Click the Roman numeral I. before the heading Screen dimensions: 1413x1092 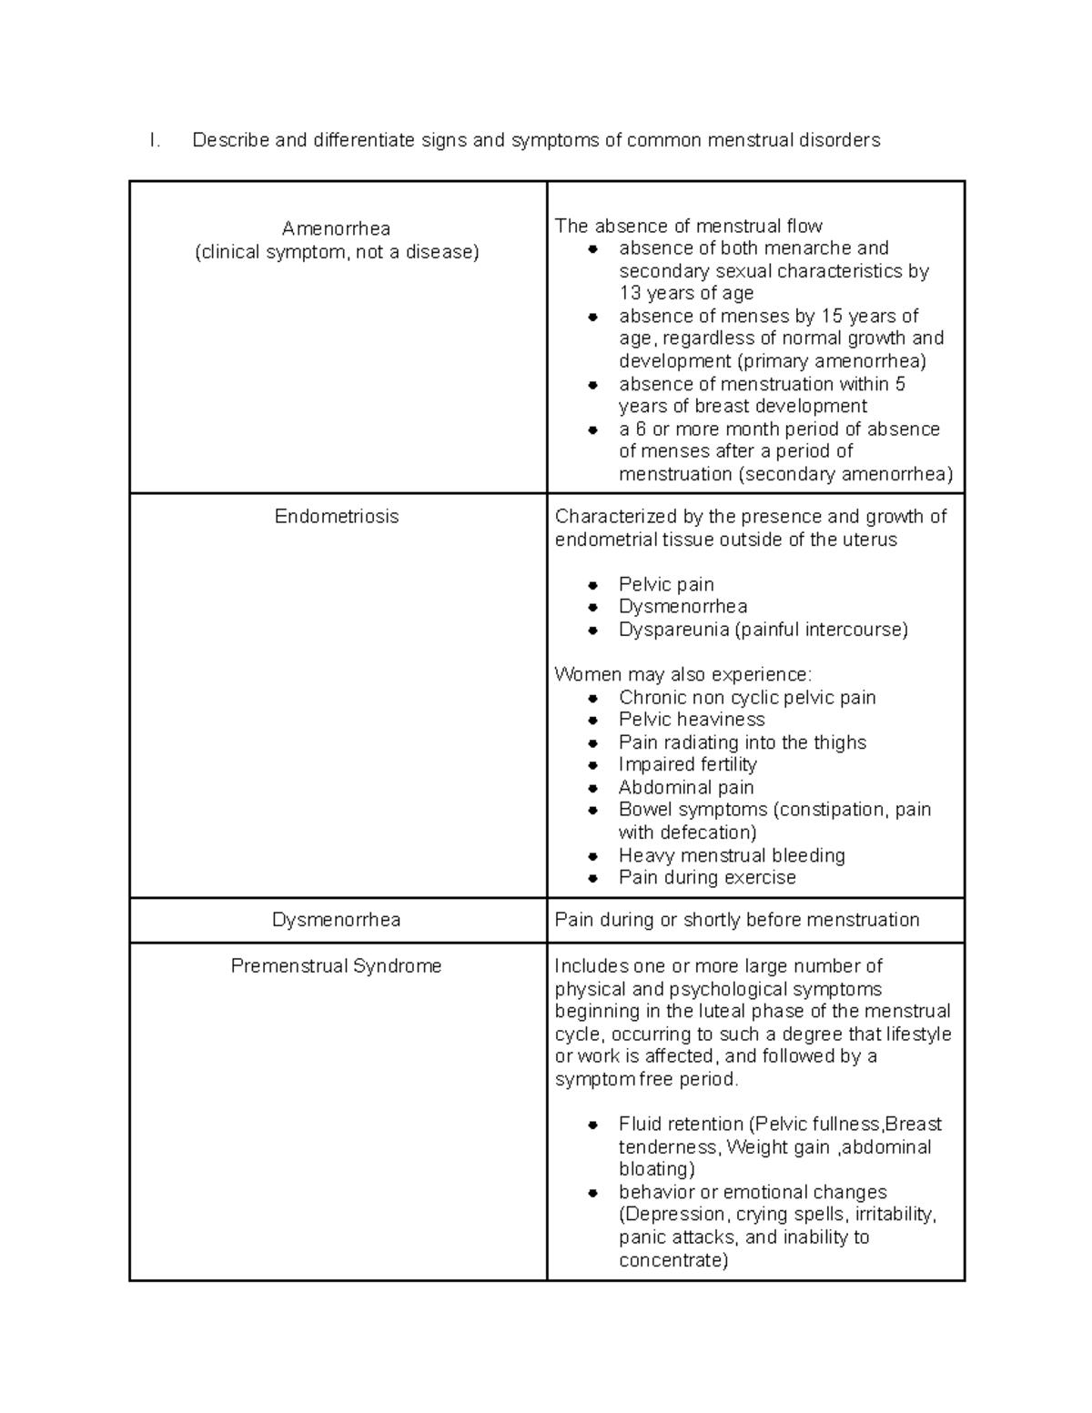155,140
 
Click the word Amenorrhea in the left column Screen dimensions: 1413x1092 336,228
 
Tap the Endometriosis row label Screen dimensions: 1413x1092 337,517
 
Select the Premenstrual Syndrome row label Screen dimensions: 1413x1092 336,966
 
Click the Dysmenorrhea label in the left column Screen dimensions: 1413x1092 336,920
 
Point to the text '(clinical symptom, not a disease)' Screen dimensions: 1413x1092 336,252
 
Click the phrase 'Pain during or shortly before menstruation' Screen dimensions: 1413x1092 737,920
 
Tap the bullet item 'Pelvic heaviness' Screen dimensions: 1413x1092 692,720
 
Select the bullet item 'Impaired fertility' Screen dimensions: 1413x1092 687,764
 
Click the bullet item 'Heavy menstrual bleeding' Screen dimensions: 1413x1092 732,855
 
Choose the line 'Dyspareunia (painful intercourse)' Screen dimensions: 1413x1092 763,630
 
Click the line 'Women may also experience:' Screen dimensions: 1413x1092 682,674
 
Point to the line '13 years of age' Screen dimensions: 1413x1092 686,293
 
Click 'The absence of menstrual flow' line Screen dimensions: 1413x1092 688,226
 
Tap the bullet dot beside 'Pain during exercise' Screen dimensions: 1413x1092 593,879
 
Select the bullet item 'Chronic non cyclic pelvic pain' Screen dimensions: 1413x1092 747,698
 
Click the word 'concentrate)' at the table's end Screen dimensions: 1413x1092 673,1260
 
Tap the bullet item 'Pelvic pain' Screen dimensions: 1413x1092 666,584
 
